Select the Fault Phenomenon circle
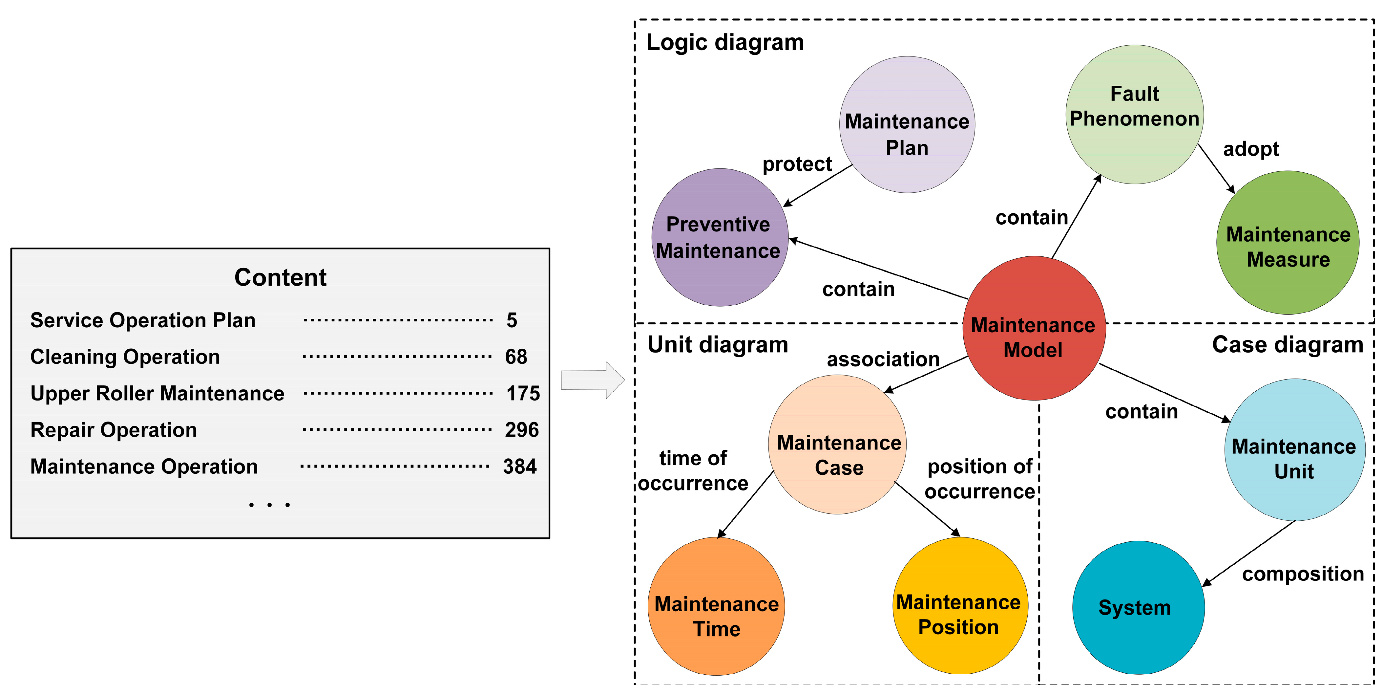click(x=1134, y=114)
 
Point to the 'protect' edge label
click(x=797, y=164)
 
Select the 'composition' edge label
click(x=1303, y=574)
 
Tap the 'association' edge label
click(x=883, y=359)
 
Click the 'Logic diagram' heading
click(x=725, y=42)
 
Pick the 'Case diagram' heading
click(x=1288, y=345)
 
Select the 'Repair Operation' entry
click(x=114, y=430)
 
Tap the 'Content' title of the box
click(x=280, y=278)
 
